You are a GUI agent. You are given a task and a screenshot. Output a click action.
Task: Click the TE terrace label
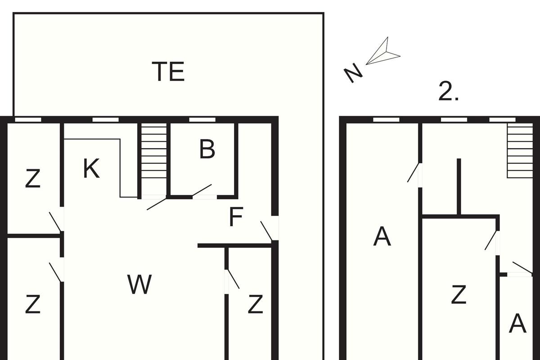(168, 72)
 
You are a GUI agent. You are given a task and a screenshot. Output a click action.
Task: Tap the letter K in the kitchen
(91, 168)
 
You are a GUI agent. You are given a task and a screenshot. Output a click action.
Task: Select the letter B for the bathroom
(207, 149)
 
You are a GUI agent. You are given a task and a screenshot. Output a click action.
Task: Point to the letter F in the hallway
(236, 216)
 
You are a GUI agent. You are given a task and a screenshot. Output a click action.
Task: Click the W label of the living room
(139, 284)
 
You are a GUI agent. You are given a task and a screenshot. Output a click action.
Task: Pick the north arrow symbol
(383, 51)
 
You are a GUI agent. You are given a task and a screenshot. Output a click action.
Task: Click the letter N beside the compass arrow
(353, 72)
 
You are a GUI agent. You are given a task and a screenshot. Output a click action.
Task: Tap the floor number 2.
(448, 91)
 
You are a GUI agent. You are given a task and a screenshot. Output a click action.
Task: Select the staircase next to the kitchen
(154, 160)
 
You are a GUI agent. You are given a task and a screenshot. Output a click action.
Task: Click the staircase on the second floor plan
(520, 151)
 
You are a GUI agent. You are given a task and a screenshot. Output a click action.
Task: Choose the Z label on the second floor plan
(459, 294)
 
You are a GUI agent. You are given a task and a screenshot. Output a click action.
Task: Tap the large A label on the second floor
(382, 237)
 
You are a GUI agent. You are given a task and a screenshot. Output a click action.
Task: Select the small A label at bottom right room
(517, 324)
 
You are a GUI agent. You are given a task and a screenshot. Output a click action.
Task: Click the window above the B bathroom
(202, 120)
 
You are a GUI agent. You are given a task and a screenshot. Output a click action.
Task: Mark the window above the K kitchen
(106, 120)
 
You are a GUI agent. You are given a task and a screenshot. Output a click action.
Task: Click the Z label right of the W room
(256, 304)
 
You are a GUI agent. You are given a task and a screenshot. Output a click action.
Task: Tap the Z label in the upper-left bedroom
(33, 179)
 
